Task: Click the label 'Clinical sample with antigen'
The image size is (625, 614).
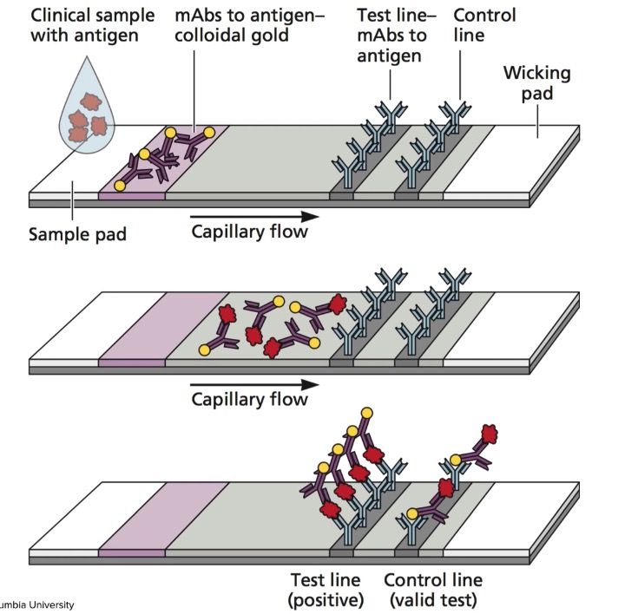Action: [82, 26]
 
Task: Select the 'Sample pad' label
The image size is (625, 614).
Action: [77, 234]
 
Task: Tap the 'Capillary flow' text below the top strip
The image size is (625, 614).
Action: [249, 232]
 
